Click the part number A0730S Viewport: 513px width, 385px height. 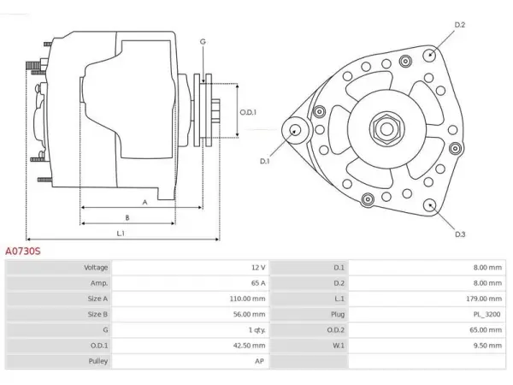[23, 251]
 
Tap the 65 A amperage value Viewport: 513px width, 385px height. [258, 283]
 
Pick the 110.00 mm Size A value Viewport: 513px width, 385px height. [247, 299]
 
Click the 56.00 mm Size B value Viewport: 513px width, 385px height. [250, 314]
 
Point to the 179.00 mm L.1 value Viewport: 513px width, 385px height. [484, 299]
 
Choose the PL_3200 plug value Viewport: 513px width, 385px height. [486, 314]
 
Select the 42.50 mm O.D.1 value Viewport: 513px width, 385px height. [250, 346]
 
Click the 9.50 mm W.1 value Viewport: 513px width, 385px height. [487, 346]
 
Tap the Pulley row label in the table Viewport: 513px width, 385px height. [97, 361]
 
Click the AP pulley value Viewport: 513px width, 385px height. [259, 361]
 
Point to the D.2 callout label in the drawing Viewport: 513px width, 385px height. [460, 25]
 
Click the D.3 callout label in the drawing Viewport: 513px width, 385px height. [460, 234]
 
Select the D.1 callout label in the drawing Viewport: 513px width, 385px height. [264, 161]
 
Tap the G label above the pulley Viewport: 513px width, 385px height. [203, 42]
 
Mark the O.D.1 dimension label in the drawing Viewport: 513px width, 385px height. [248, 112]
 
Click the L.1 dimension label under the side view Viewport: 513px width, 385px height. [121, 234]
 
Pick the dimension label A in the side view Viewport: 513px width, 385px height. [145, 202]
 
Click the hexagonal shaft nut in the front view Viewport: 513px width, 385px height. [386, 129]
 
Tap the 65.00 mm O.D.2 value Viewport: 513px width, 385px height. [486, 329]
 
